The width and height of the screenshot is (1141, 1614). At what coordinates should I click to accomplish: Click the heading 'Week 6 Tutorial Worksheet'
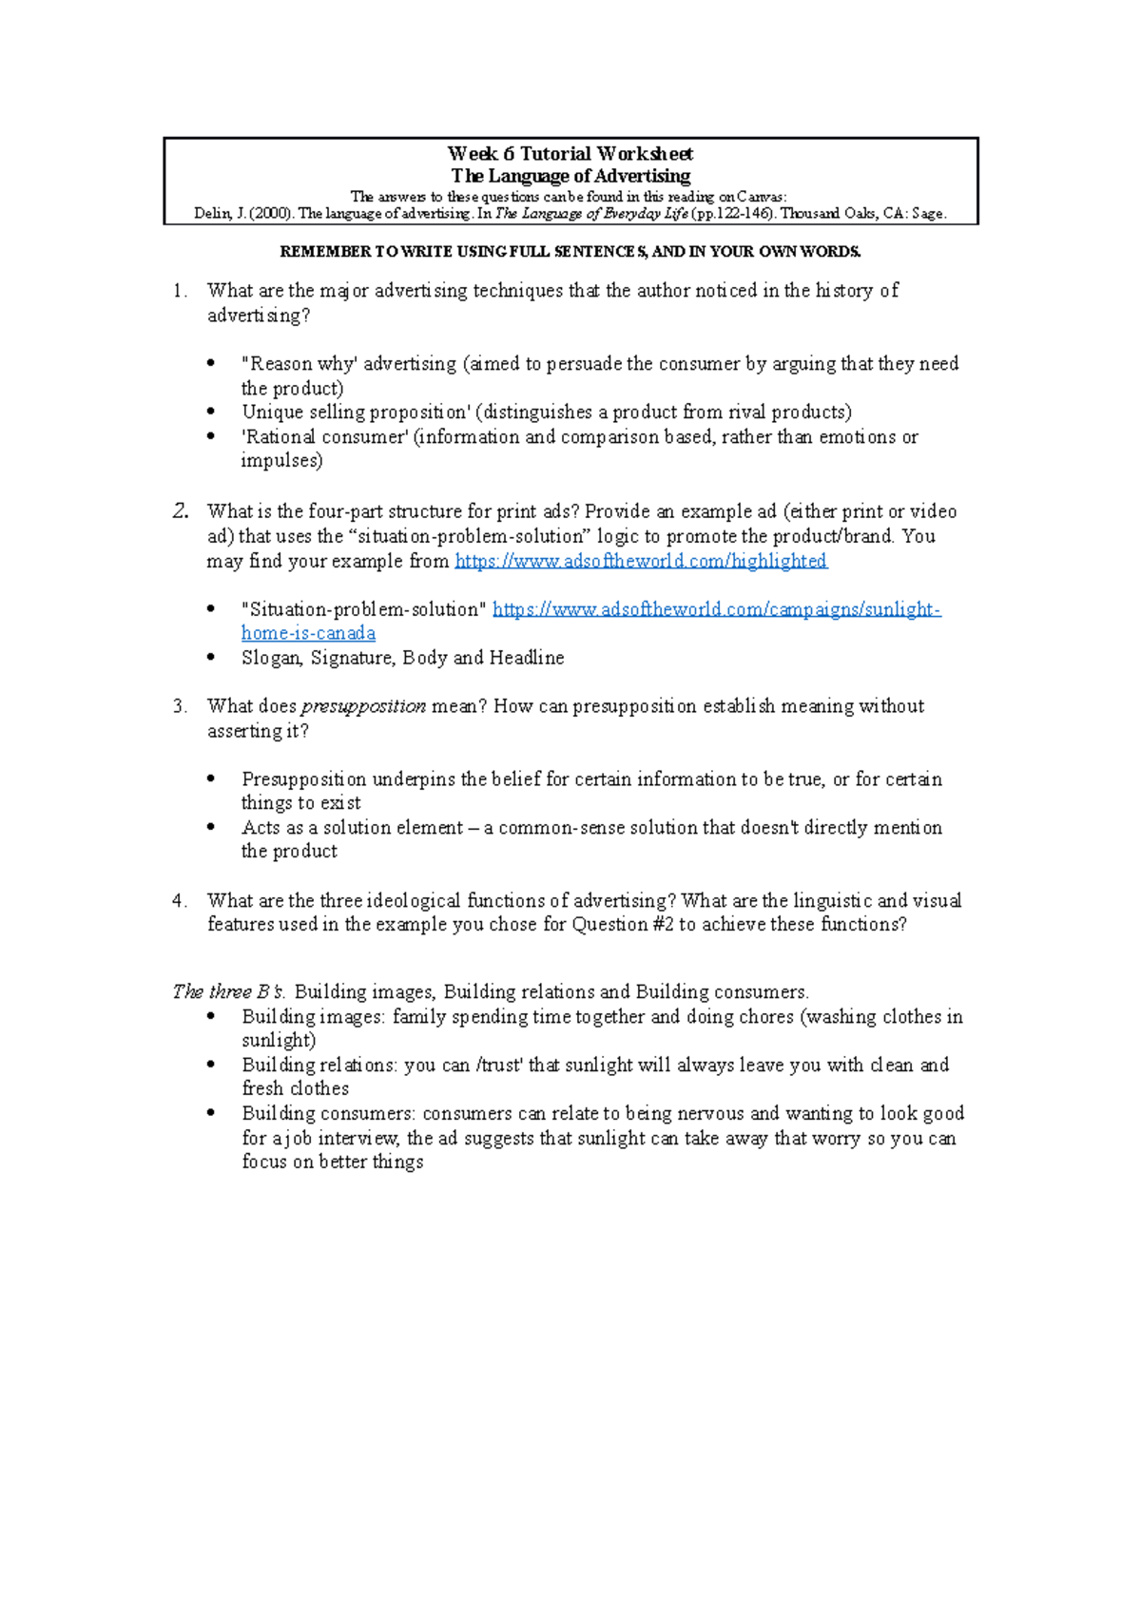click(570, 153)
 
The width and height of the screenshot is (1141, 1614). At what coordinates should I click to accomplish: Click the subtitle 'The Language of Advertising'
click(570, 176)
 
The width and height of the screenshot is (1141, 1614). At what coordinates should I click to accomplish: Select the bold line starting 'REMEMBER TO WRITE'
click(570, 252)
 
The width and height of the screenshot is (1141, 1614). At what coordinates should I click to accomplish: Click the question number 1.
click(179, 291)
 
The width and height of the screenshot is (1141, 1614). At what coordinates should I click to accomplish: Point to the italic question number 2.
click(181, 511)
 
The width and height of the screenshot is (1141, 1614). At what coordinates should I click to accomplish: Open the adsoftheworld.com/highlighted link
click(641, 561)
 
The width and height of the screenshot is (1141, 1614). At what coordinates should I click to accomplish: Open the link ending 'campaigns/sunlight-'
click(716, 609)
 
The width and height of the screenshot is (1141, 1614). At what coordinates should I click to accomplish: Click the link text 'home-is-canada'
click(308, 633)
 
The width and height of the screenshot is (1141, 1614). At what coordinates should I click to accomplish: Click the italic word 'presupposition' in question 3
click(363, 706)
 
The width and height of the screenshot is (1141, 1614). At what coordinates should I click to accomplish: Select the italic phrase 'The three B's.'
click(228, 991)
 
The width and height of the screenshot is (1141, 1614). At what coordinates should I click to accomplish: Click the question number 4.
click(179, 900)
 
